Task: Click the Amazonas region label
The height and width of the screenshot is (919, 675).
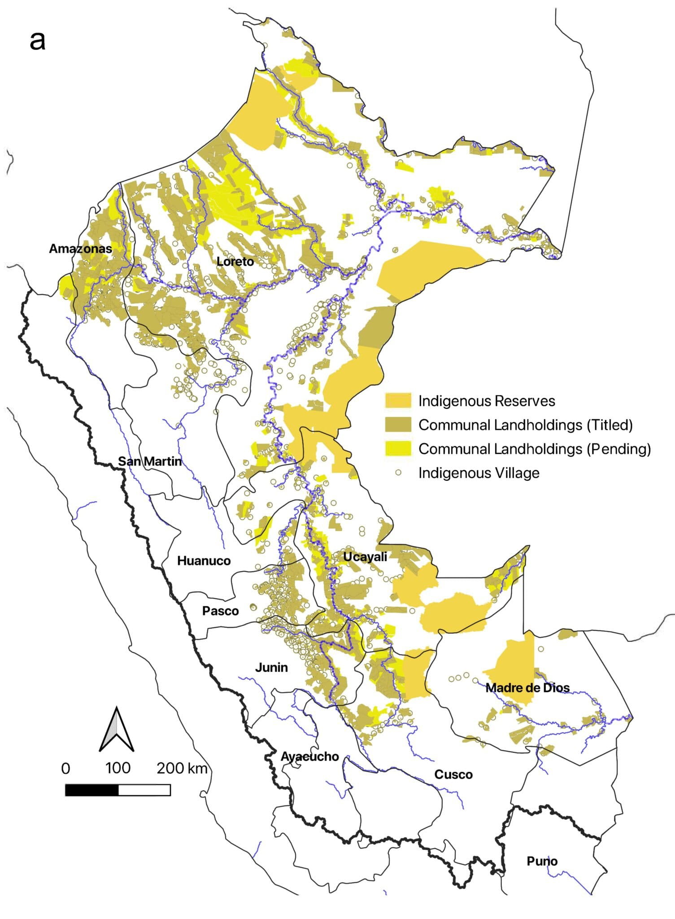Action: click(x=80, y=249)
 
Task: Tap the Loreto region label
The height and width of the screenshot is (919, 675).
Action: click(x=235, y=262)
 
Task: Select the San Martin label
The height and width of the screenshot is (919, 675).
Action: click(x=150, y=461)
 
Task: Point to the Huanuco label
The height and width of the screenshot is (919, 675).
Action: click(x=204, y=561)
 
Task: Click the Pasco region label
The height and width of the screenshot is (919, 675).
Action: click(x=220, y=611)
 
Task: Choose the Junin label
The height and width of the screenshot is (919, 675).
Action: click(x=271, y=667)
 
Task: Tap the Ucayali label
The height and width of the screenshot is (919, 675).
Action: click(x=365, y=557)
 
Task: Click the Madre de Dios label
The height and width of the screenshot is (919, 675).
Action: click(x=527, y=687)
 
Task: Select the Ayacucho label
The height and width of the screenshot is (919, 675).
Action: click(x=310, y=757)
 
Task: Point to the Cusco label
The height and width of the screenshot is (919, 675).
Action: click(x=453, y=775)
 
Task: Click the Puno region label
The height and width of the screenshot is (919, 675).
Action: click(x=542, y=861)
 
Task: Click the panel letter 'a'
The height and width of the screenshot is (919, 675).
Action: click(x=38, y=40)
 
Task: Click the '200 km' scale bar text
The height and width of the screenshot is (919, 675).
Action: click(x=182, y=769)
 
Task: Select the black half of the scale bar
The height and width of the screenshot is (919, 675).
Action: click(x=92, y=790)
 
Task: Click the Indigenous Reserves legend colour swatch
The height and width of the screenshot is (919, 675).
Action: click(x=398, y=401)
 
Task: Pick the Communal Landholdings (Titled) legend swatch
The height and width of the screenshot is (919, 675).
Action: click(x=398, y=424)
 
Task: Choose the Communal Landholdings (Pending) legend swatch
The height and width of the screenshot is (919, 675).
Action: click(x=398, y=449)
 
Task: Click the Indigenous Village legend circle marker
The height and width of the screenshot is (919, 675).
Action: click(x=398, y=473)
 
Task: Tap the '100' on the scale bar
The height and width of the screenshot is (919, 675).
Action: click(x=118, y=768)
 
